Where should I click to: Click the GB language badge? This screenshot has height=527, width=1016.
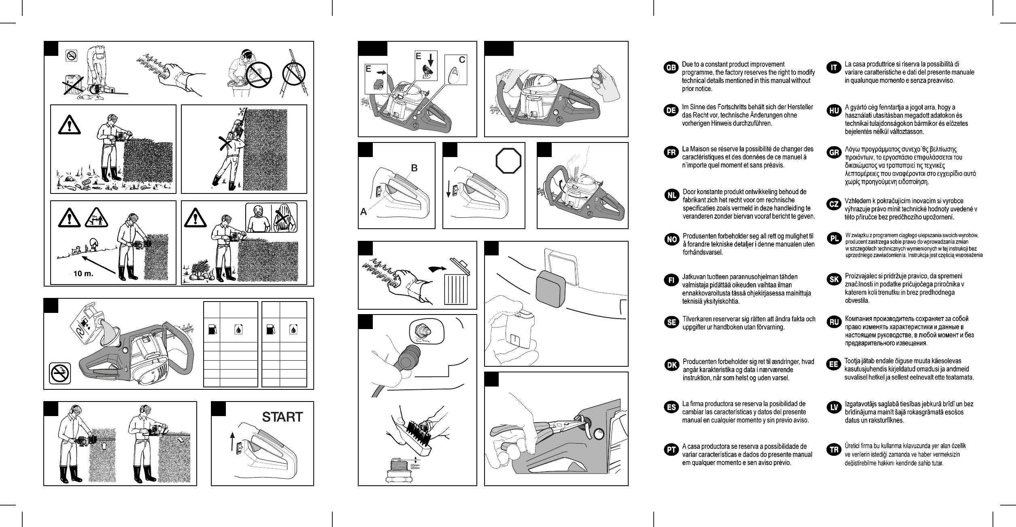click(x=671, y=68)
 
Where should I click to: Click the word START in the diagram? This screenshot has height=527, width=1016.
click(x=282, y=417)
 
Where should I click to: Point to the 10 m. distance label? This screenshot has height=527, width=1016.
click(x=83, y=274)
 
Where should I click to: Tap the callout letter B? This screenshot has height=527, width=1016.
click(x=414, y=167)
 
